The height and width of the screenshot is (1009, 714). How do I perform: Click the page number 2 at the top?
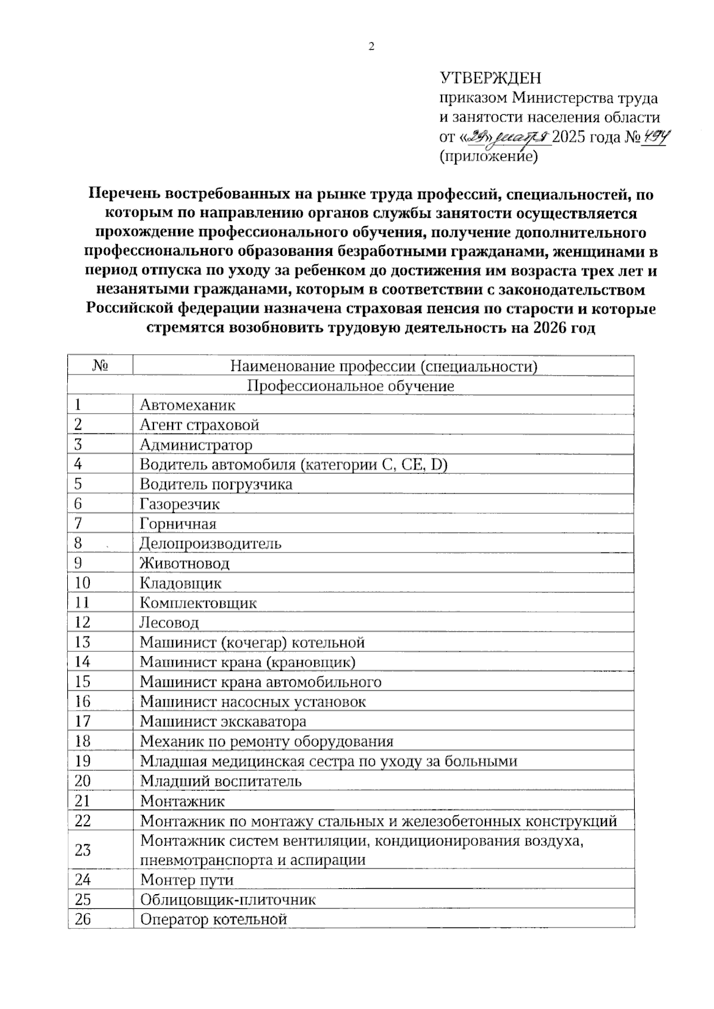(x=372, y=47)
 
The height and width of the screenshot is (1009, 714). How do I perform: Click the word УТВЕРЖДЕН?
(x=490, y=79)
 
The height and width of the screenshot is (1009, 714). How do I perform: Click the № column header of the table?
(x=100, y=366)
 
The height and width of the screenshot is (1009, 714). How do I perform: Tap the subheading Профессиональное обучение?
(x=350, y=386)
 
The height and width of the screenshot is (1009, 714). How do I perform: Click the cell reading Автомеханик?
(x=187, y=405)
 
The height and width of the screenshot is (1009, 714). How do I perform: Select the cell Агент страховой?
(x=199, y=425)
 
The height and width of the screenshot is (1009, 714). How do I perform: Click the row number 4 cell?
(x=79, y=464)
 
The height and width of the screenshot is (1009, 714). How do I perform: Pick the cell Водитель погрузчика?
(x=216, y=484)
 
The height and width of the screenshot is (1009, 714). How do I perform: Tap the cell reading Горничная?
(x=178, y=524)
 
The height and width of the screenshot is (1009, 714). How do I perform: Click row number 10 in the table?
(x=82, y=583)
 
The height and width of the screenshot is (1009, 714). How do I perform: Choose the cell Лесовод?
(x=169, y=623)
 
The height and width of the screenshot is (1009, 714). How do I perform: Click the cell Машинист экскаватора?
(x=223, y=721)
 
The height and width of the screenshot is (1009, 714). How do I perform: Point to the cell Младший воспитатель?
(x=221, y=781)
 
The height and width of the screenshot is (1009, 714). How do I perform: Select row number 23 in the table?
(x=83, y=850)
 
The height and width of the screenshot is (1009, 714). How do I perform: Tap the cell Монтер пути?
(x=187, y=880)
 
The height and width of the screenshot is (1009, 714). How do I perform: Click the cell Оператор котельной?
(x=214, y=919)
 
